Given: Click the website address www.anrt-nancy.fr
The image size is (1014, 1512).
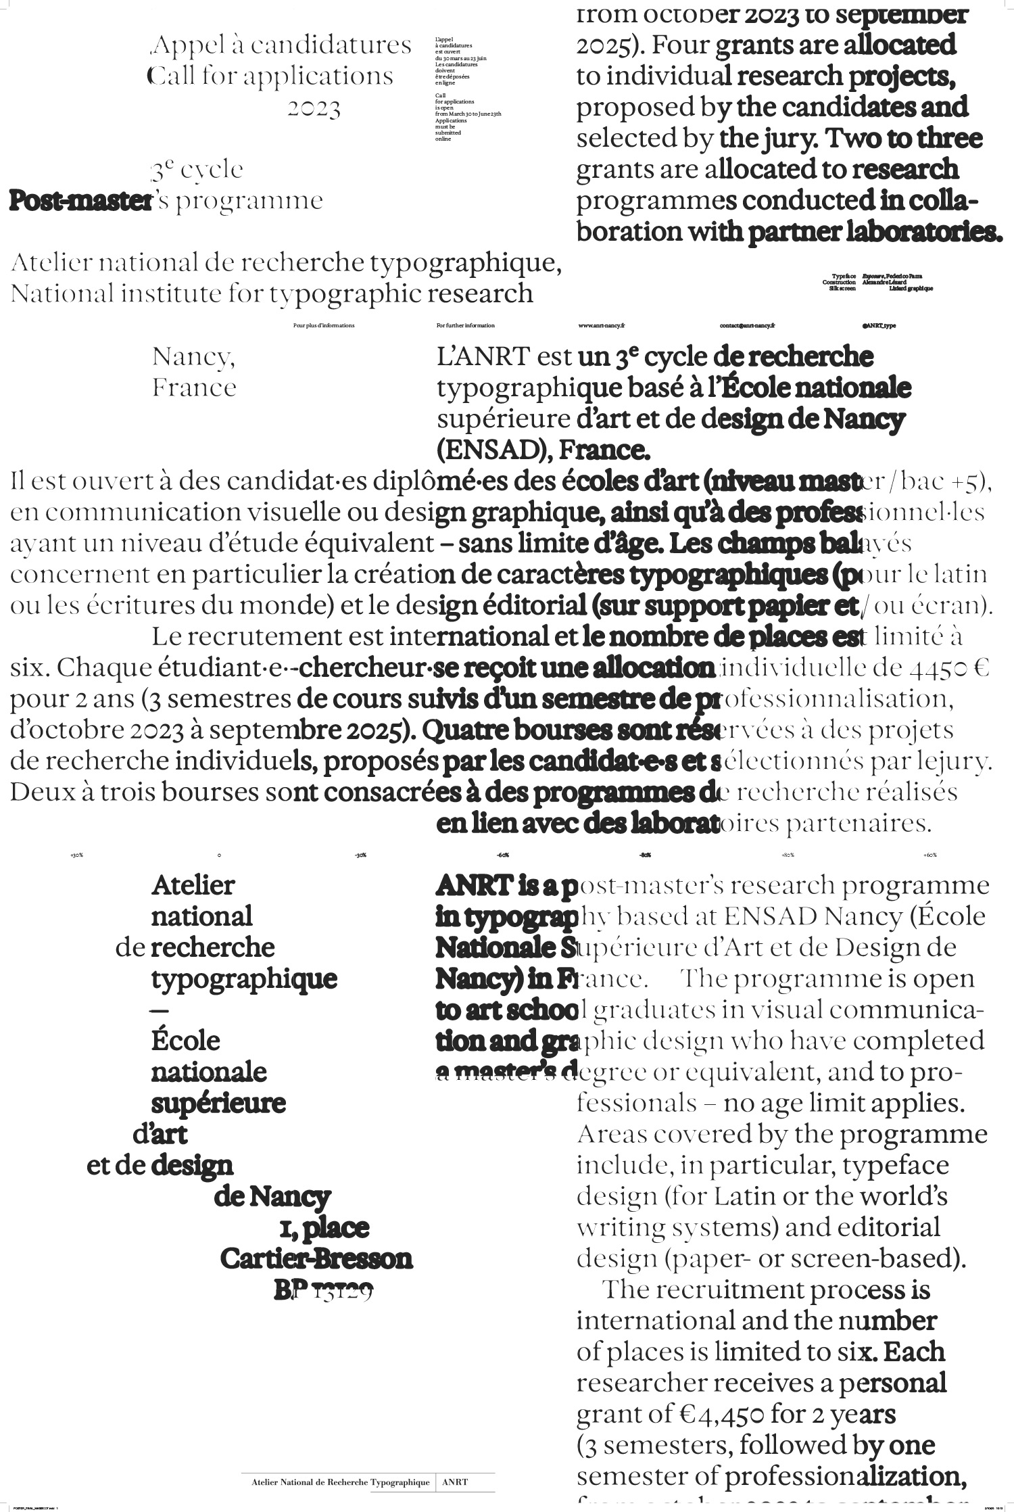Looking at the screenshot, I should click(x=601, y=325).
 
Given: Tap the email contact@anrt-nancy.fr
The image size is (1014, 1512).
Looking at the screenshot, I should click(x=747, y=325).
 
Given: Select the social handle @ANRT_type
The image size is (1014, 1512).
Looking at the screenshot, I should click(x=879, y=325).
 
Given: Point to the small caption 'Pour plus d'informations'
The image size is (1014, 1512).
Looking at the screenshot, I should click(x=324, y=325).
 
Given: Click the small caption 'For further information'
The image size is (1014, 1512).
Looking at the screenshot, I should click(x=466, y=325).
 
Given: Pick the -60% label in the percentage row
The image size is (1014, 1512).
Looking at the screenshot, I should click(x=502, y=855).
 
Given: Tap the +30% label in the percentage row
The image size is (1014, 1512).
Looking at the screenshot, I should click(x=76, y=855).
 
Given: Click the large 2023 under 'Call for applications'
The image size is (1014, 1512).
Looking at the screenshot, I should click(x=314, y=108).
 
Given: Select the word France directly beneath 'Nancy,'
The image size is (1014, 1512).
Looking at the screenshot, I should click(x=194, y=387).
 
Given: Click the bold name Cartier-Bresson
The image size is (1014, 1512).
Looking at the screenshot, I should click(x=316, y=1259).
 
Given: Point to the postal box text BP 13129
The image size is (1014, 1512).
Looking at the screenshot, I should click(x=324, y=1290).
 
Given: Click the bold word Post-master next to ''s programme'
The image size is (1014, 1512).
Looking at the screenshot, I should click(x=80, y=201).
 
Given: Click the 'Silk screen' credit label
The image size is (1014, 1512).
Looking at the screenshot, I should click(x=842, y=288).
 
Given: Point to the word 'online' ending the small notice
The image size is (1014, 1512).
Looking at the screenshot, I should click(x=443, y=139).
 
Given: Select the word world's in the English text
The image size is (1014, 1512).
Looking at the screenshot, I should click(x=903, y=1196).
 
